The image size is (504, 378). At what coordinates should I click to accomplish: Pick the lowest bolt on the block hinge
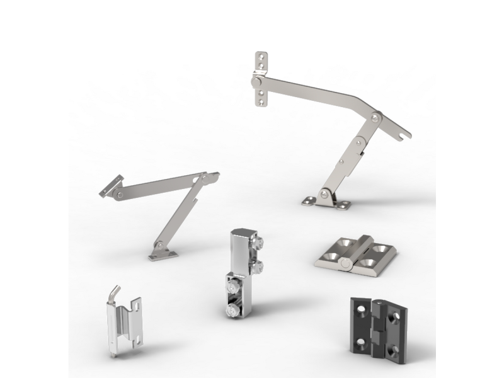231,311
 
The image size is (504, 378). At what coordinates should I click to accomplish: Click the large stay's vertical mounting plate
261,79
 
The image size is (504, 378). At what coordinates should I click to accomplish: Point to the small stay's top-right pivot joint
205,180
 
